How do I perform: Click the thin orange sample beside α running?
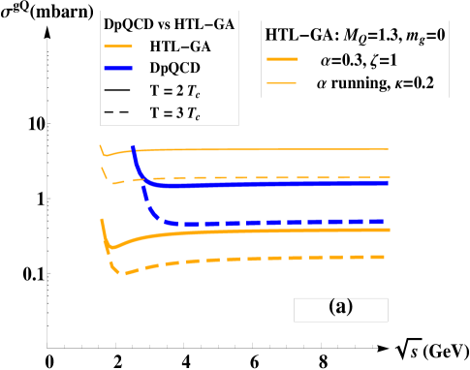click(x=289, y=83)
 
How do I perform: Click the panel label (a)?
click(x=341, y=307)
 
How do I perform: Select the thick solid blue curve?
click(x=291, y=183)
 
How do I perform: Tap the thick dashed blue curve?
click(x=291, y=223)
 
